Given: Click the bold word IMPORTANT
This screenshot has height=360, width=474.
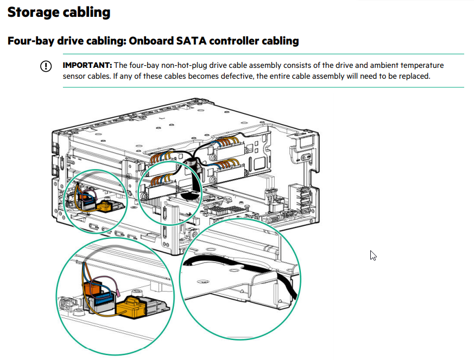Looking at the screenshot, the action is click(87, 65).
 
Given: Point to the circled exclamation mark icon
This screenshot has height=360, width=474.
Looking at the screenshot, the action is click(46, 66).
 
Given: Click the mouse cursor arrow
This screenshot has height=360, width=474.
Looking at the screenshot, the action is click(373, 255).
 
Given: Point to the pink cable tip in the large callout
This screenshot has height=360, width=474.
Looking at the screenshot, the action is click(118, 293).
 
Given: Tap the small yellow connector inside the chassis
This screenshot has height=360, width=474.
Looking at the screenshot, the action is click(105, 206).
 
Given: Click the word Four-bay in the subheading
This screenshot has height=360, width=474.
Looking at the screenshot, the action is click(31, 41).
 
